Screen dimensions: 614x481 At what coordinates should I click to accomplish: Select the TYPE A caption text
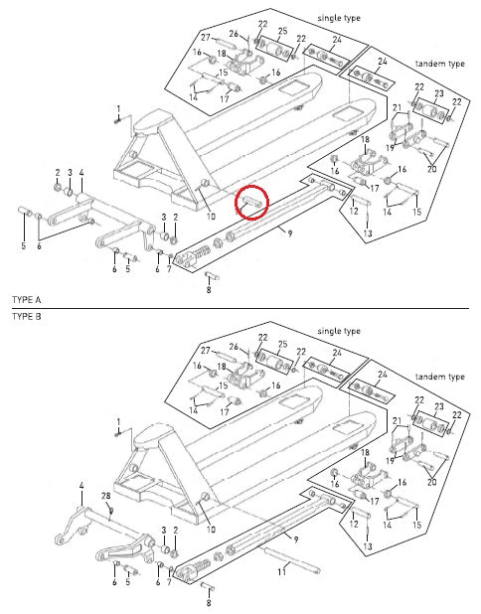[x=26, y=299]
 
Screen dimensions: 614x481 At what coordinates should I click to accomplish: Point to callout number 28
[x=105, y=496]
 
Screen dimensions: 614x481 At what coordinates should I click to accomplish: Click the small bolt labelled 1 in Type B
[x=117, y=433]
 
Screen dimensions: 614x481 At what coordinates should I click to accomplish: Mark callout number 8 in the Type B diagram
[x=208, y=602]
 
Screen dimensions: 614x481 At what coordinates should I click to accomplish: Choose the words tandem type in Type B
[x=441, y=378]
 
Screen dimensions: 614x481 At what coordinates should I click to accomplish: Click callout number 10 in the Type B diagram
[x=210, y=530]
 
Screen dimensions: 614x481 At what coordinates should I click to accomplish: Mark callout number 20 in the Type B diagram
[x=431, y=482]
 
